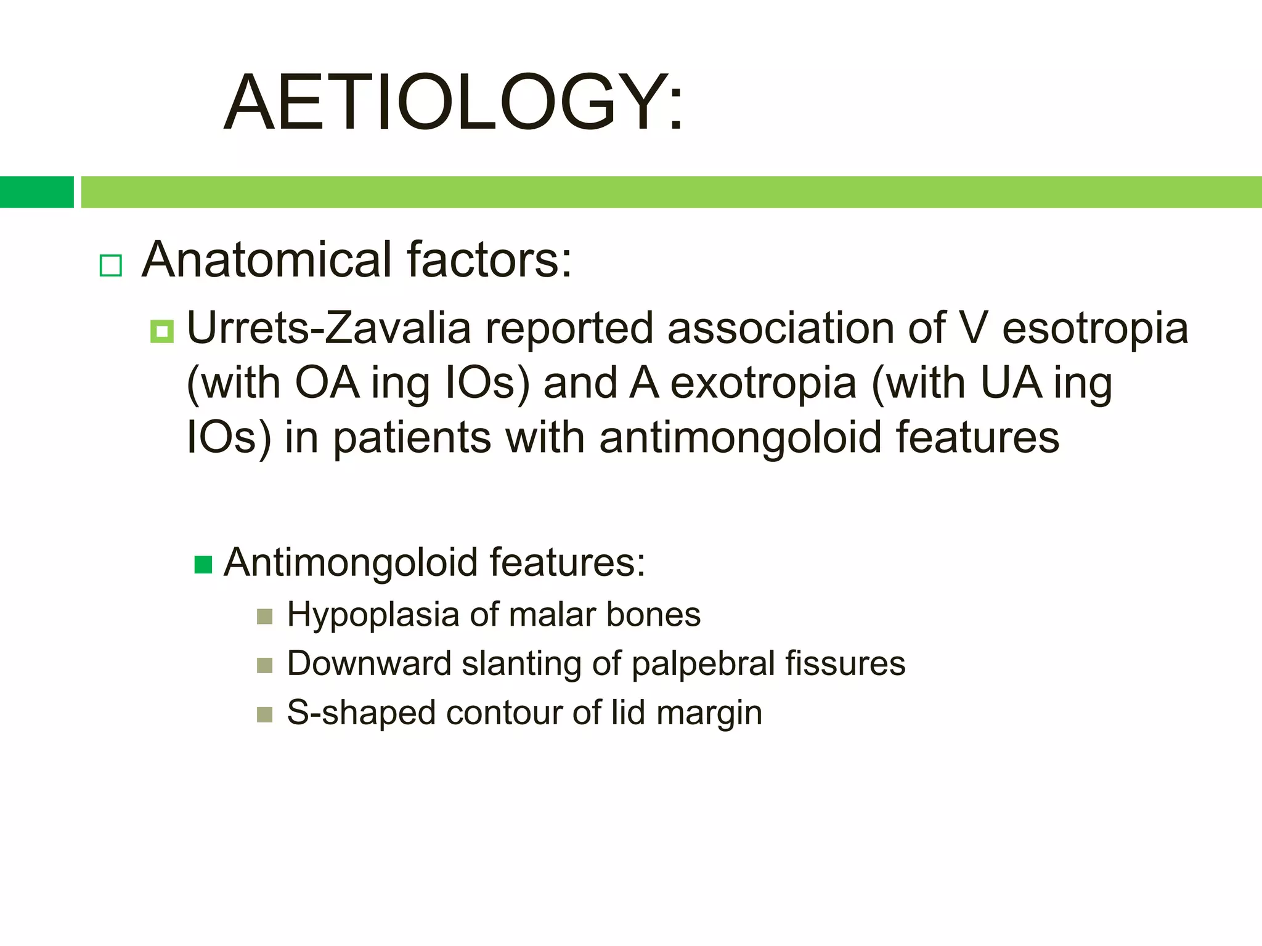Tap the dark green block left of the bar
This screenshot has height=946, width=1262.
point(36,192)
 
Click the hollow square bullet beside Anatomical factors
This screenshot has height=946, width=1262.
point(111,265)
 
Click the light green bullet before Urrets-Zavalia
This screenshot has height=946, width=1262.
point(162,332)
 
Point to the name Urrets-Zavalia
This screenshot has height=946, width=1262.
point(328,328)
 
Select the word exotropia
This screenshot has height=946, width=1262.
point(763,383)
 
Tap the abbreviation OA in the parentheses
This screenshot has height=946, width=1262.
point(327,383)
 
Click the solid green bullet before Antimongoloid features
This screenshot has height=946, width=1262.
point(203,564)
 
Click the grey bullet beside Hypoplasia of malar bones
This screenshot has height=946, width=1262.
point(264,617)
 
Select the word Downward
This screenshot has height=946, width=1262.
point(369,664)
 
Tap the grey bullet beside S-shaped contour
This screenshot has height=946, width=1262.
point(264,714)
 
